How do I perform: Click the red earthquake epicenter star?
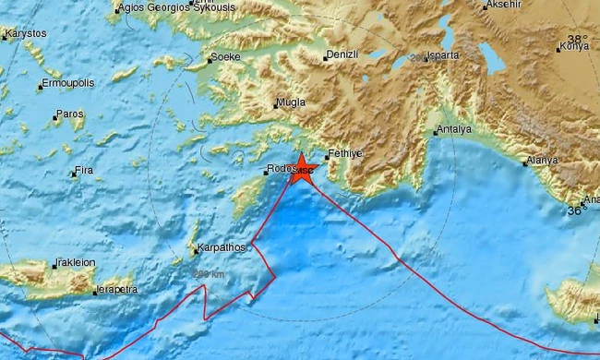coord(301,169)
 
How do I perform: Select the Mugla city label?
coord(291,104)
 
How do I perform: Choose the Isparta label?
coord(443,56)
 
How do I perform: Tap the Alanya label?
coord(541,161)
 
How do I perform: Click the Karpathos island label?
coord(222,247)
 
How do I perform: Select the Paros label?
coord(69,114)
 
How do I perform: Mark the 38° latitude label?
coord(577,39)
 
